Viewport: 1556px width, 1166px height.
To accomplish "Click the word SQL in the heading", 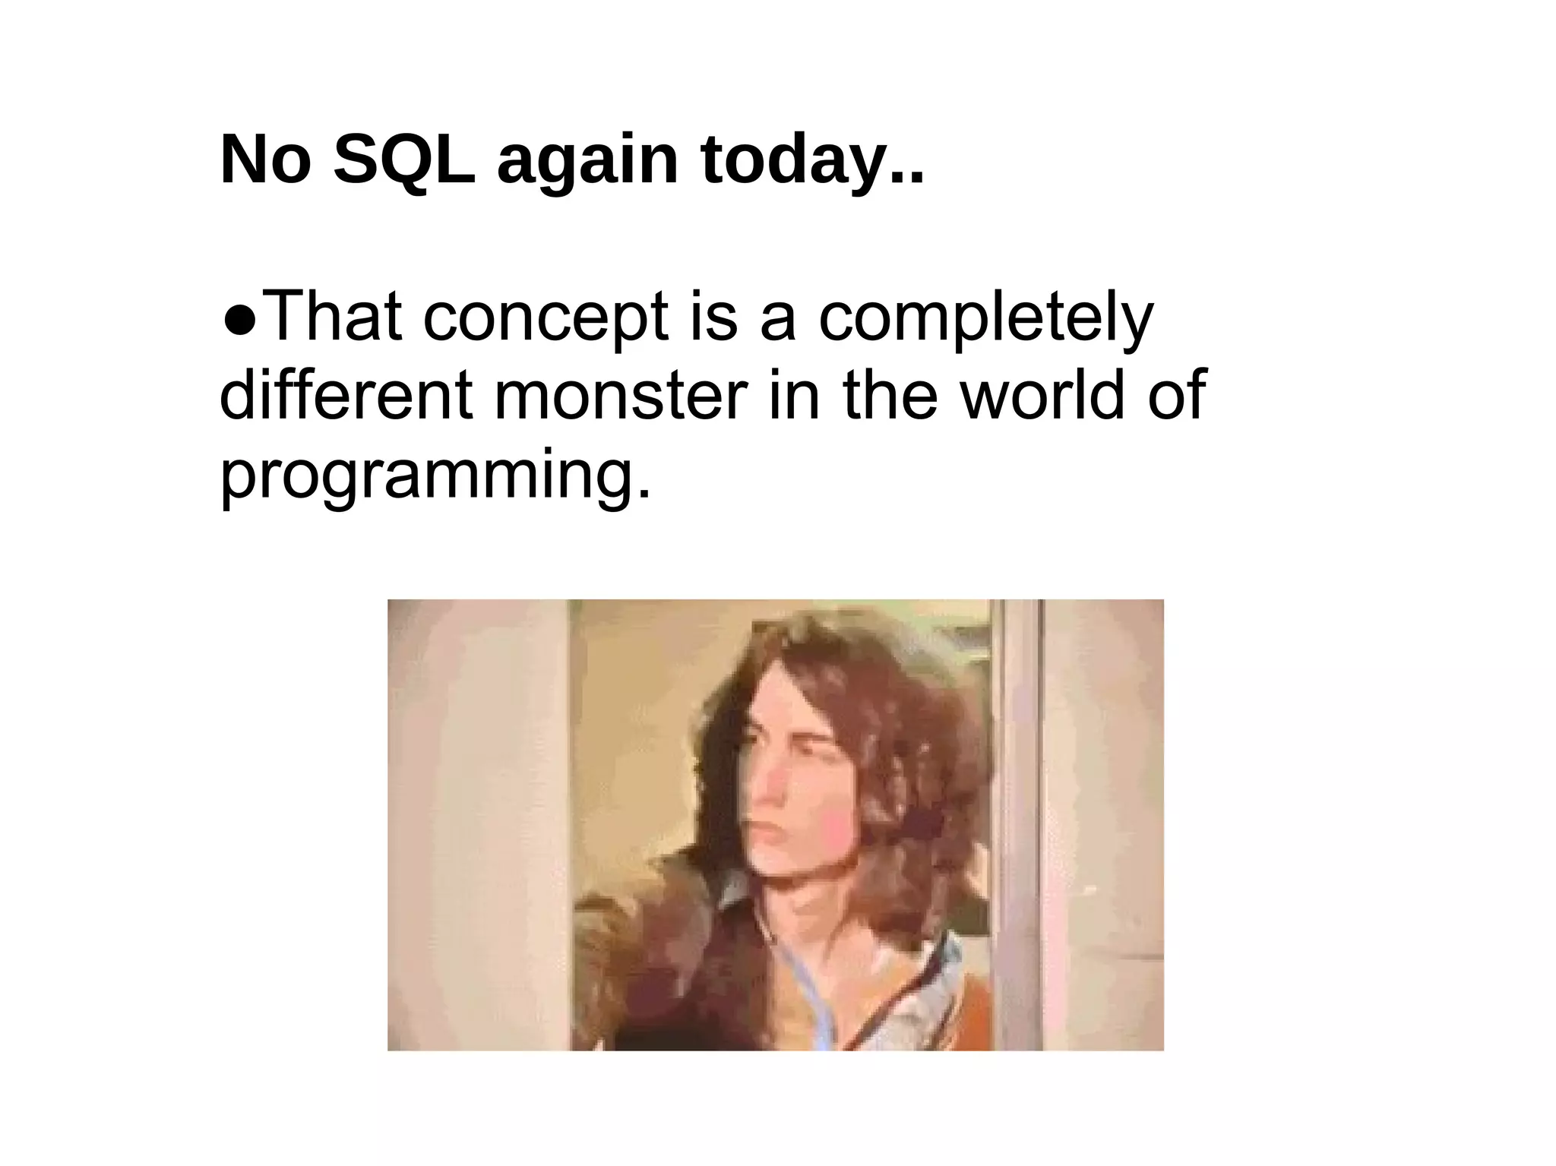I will click(404, 161).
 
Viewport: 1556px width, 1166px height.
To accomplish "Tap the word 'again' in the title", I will click(587, 163).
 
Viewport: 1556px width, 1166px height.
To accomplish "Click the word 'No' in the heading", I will click(265, 161).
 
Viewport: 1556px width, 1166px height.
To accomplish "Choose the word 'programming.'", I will click(435, 476).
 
